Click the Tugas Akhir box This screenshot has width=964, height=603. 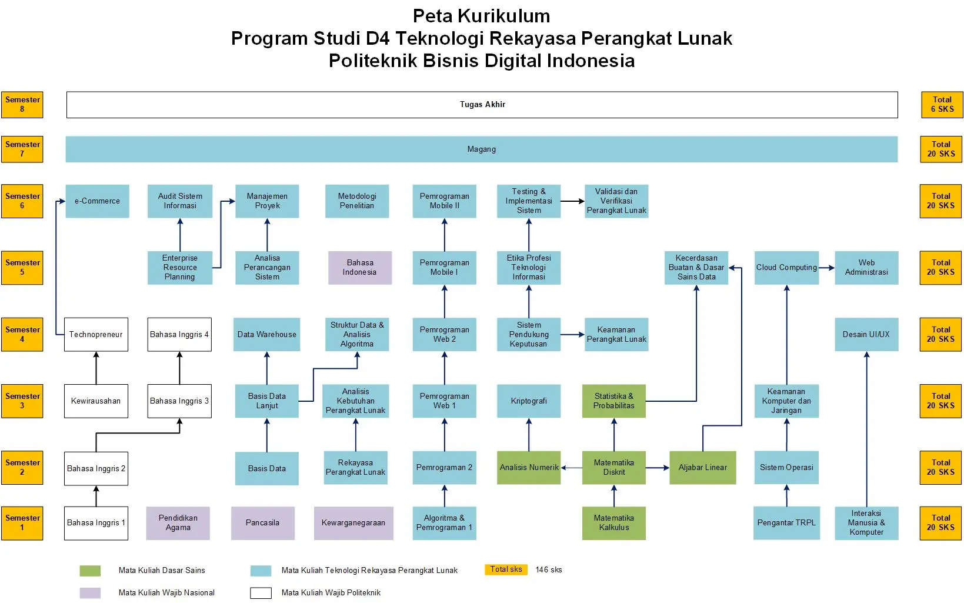482,105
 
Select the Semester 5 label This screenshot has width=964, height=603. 22,267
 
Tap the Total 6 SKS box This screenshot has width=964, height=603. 942,105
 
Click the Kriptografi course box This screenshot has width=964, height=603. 529,401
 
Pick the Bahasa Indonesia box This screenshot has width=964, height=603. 360,267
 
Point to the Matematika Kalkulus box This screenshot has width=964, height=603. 613,523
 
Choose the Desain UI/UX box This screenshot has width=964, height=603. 866,334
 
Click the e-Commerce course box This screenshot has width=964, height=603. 97,201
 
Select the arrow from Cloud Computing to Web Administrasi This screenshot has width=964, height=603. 826,268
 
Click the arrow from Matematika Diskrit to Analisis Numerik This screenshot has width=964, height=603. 572,468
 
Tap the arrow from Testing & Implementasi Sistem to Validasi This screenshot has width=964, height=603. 572,201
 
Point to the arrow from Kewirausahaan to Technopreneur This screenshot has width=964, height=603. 96,368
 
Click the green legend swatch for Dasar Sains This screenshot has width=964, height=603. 90,571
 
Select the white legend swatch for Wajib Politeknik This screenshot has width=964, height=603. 261,593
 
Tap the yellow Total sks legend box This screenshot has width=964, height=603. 506,569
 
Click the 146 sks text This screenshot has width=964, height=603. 549,570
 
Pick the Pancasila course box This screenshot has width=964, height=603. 262,523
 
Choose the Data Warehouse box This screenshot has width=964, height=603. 267,334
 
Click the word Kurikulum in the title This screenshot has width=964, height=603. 503,16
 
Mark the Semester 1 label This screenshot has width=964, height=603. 22,523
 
